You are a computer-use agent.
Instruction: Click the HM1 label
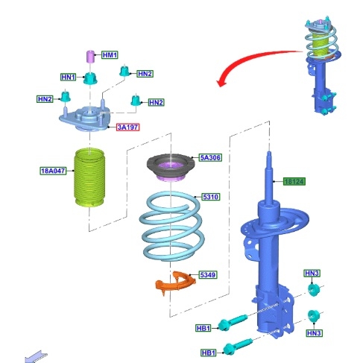110,55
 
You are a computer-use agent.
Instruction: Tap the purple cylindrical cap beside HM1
90,57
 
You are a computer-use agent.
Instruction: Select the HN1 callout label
69,77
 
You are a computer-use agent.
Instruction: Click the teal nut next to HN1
90,78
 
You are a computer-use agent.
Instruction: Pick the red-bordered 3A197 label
127,127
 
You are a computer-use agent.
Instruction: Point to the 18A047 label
53,171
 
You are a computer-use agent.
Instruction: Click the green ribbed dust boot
89,177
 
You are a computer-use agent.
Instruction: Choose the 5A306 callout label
210,157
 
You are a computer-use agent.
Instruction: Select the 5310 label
211,197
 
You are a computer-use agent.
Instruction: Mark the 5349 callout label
208,275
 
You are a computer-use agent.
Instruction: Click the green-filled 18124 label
294,181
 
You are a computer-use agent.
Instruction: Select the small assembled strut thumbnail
322,66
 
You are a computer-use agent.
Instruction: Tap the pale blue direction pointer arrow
36,357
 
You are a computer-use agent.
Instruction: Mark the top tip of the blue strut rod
269,152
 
